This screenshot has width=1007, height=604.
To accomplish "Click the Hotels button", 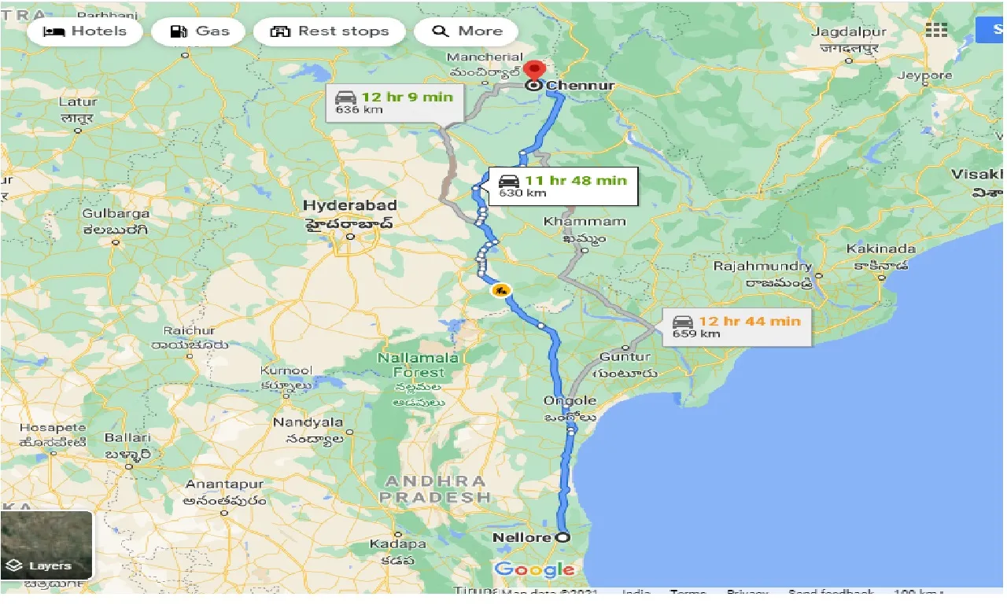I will pyautogui.click(x=84, y=31).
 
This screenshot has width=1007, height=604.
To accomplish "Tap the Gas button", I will pyautogui.click(x=199, y=31).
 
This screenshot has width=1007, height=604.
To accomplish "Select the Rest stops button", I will pyautogui.click(x=330, y=31).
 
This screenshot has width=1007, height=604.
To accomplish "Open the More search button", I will pyautogui.click(x=467, y=31).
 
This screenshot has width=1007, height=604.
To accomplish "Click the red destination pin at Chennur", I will pyautogui.click(x=535, y=71).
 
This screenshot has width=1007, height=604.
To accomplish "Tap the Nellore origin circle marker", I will pyautogui.click(x=563, y=538).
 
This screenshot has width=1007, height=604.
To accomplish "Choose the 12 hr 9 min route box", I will pyautogui.click(x=395, y=103).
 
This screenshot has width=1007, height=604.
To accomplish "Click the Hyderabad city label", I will pyautogui.click(x=350, y=206).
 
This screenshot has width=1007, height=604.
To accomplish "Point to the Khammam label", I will pyautogui.click(x=585, y=222).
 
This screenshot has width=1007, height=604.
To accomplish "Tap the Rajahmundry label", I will pyautogui.click(x=762, y=267).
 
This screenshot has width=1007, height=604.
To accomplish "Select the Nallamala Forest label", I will pyautogui.click(x=418, y=364).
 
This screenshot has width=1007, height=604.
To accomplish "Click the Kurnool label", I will pyautogui.click(x=286, y=370).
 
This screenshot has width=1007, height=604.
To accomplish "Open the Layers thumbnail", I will pyautogui.click(x=47, y=545).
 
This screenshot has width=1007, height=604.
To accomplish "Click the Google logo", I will pyautogui.click(x=534, y=570).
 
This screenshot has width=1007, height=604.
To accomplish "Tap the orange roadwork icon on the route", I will pyautogui.click(x=500, y=290).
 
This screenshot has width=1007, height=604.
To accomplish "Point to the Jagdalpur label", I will pyautogui.click(x=848, y=32).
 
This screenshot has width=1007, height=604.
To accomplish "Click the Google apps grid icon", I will pyautogui.click(x=936, y=30).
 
